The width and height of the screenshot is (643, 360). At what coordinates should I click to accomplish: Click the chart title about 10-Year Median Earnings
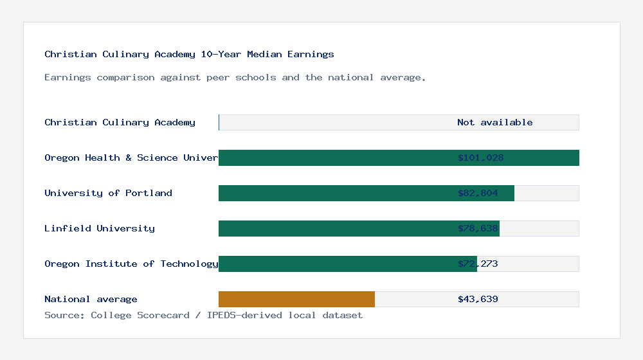coord(189,55)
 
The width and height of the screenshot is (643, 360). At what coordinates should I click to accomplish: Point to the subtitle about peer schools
coord(235,78)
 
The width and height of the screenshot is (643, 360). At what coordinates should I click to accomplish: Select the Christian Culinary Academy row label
coord(120,123)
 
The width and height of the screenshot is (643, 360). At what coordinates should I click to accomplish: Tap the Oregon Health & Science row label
coord(131,158)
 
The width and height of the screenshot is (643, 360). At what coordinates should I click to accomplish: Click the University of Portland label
coord(108,194)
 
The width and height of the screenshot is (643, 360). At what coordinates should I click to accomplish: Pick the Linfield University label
coord(100,229)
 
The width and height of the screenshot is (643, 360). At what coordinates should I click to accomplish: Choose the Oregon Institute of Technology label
coord(131,264)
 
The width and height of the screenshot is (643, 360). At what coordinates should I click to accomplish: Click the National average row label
coord(91,300)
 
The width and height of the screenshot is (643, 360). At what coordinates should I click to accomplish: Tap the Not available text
coord(494,123)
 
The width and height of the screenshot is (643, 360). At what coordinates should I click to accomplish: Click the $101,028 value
coord(480,158)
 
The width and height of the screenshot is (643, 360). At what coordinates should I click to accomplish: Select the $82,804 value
coord(478,194)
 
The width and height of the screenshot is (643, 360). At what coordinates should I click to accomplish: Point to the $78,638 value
coord(478,229)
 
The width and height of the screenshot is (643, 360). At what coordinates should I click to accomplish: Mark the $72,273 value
coord(478,264)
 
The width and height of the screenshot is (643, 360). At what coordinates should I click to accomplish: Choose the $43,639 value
coord(478,300)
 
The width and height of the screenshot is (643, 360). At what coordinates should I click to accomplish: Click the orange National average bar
coord(296,300)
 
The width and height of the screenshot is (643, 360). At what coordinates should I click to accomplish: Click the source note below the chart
coord(203,316)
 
